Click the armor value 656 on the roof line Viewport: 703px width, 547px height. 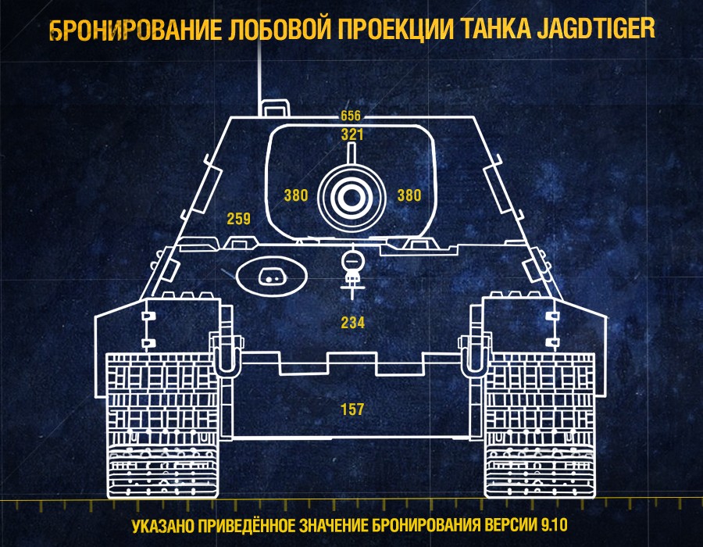coord(350,116)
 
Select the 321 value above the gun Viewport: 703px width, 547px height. coord(352,134)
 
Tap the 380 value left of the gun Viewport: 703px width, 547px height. coord(296,195)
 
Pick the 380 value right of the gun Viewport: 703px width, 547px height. coord(409,195)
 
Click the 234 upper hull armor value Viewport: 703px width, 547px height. coord(353,323)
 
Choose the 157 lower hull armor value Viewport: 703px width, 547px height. coord(352,409)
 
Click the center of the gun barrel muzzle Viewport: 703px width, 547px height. coord(352,197)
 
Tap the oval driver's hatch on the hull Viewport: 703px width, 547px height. coord(272,276)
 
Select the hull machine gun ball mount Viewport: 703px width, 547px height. coord(352,261)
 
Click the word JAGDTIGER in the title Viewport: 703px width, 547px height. coord(596,29)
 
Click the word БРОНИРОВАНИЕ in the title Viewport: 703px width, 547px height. coord(135,30)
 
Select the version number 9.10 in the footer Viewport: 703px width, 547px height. coord(554,525)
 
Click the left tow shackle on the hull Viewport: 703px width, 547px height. coord(226,354)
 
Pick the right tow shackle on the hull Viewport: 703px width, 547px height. coord(475,354)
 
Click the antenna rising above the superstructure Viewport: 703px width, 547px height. coord(259,77)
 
